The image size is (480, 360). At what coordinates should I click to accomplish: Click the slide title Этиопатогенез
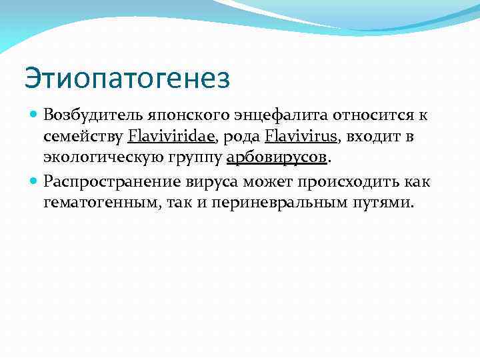coord(127,79)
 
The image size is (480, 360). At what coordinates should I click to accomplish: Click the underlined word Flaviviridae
coord(171,137)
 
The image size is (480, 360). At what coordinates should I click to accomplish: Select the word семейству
coord(83,137)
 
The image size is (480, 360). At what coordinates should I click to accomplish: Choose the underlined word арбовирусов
coord(277,159)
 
